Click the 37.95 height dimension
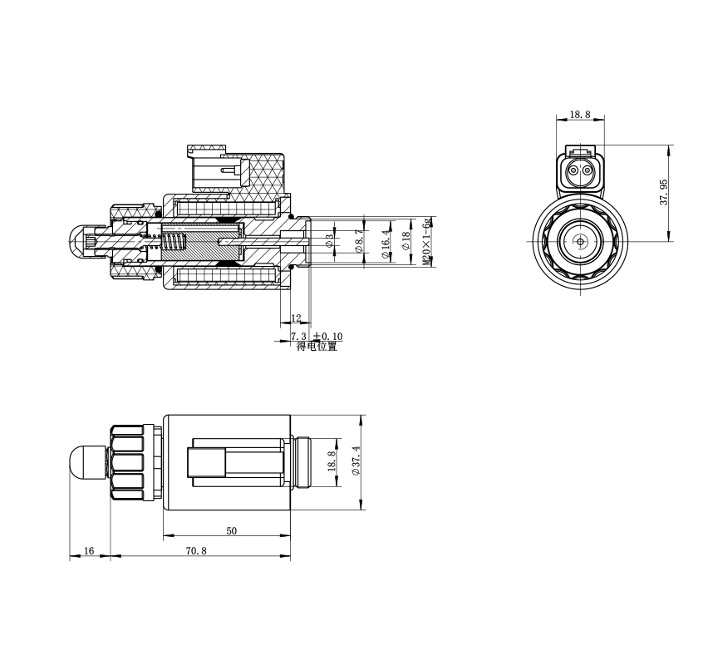click(664, 192)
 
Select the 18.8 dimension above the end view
click(580, 115)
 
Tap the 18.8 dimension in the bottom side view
click(332, 461)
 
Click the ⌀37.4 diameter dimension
click(356, 461)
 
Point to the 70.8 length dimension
click(196, 550)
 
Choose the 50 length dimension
click(231, 531)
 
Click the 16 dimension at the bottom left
click(89, 550)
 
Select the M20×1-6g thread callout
click(426, 242)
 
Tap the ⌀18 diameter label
click(406, 241)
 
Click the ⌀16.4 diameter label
click(386, 243)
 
